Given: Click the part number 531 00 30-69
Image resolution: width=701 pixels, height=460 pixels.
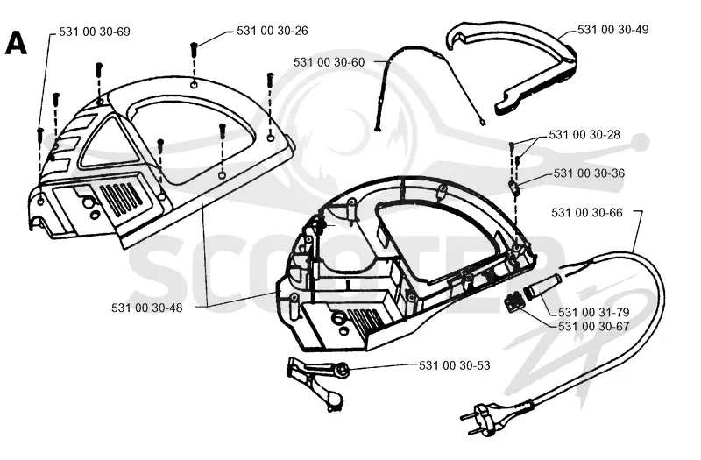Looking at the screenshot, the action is [x=95, y=32].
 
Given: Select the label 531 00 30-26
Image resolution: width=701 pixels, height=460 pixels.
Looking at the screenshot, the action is [x=273, y=31].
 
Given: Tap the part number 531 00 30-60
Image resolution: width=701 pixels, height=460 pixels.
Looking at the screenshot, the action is [x=329, y=62].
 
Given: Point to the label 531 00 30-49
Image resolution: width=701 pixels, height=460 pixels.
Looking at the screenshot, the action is [x=612, y=30].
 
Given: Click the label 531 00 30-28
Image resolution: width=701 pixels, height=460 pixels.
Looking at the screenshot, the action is [x=584, y=135].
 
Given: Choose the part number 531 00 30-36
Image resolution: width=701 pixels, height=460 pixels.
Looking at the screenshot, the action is [x=589, y=173].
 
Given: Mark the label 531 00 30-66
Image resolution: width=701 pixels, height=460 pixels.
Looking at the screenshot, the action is [x=586, y=212].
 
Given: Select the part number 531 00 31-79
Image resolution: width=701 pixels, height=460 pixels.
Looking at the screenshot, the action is [x=594, y=312].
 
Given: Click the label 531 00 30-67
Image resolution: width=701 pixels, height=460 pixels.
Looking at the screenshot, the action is [x=594, y=326].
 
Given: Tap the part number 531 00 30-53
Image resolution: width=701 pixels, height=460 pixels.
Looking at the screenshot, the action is [x=454, y=365].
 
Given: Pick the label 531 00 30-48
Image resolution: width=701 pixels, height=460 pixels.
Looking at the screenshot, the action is [x=147, y=308].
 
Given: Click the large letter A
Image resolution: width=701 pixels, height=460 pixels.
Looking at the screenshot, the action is [x=16, y=44].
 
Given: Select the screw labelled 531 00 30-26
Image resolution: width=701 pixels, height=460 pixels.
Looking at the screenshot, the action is [x=194, y=48].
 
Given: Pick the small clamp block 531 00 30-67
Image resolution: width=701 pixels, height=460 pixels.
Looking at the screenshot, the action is [x=513, y=302].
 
